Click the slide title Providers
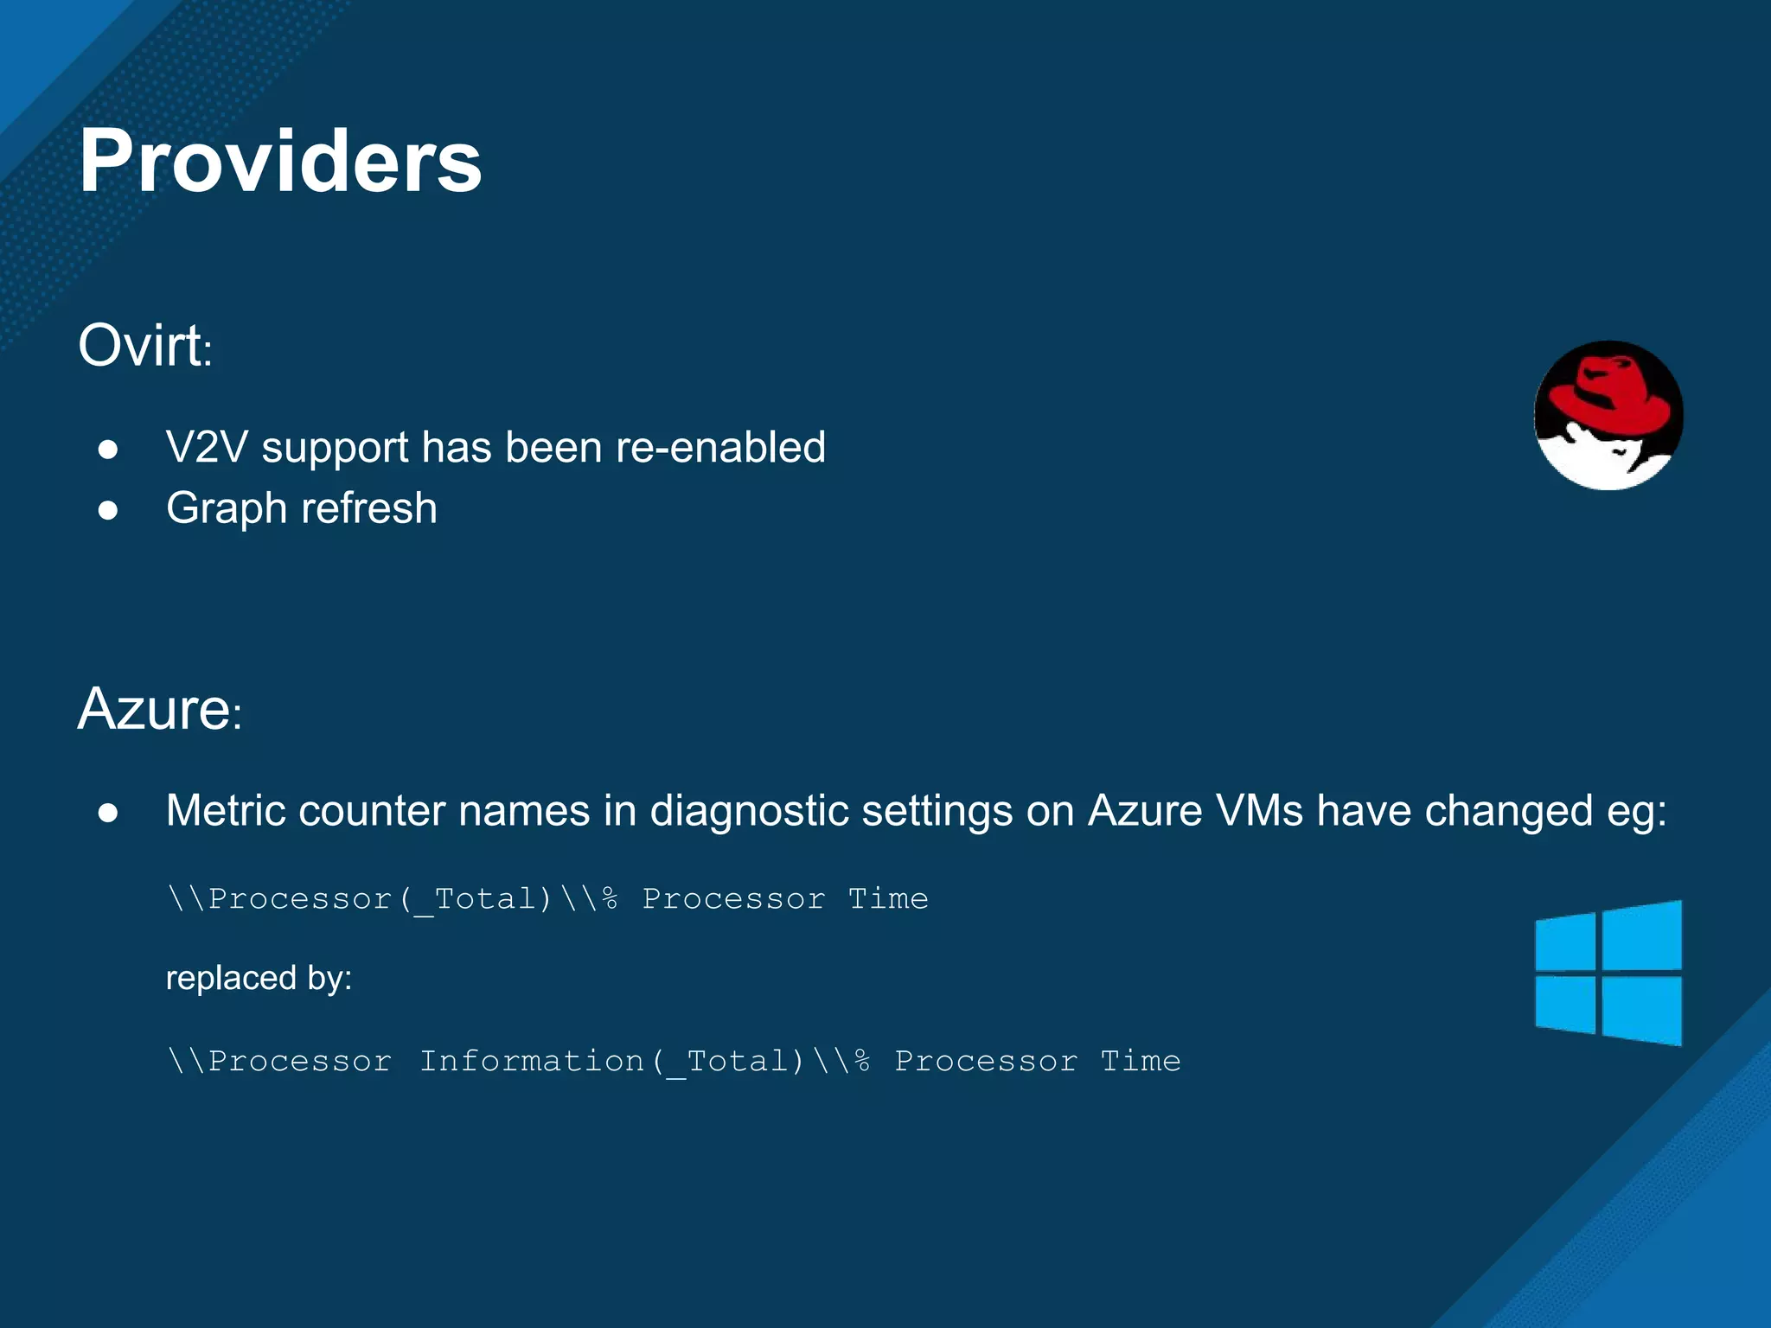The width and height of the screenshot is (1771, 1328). click(280, 162)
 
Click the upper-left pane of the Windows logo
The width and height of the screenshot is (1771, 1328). click(1565, 942)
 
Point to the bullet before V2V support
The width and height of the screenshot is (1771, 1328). click(108, 450)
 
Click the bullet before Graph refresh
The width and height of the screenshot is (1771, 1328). click(108, 510)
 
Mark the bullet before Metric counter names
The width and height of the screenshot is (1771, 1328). click(108, 813)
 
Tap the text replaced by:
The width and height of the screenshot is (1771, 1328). click(259, 979)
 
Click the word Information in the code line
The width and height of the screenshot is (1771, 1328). click(531, 1061)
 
